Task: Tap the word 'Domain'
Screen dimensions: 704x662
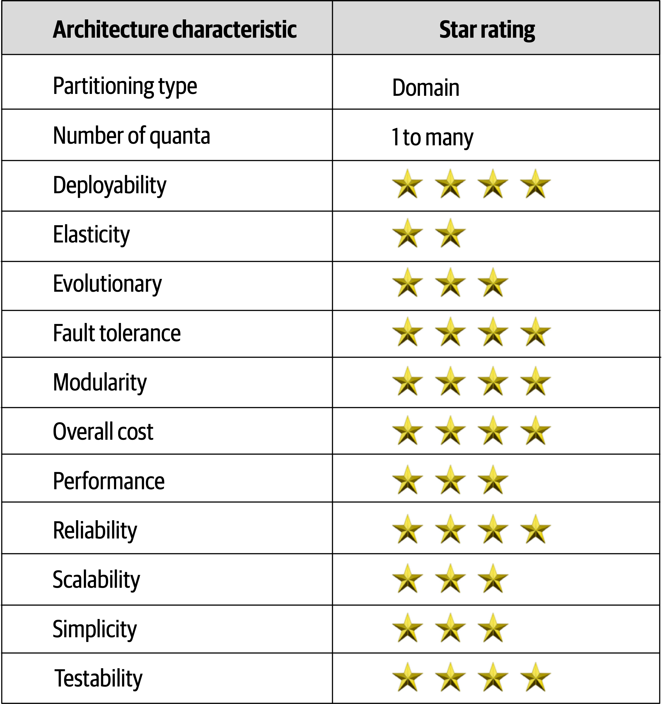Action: (426, 87)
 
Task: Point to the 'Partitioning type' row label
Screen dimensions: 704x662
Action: (125, 86)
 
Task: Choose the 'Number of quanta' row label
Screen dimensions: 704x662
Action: (131, 136)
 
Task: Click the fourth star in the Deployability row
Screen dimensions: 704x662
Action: (535, 184)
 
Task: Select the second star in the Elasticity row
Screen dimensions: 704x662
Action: (450, 233)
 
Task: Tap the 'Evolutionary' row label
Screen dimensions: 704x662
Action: (107, 284)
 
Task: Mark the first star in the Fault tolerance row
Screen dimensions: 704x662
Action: (408, 332)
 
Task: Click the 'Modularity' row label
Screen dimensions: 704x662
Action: (100, 382)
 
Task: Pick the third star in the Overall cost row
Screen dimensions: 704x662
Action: (493, 431)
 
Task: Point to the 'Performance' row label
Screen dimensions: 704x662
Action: (109, 481)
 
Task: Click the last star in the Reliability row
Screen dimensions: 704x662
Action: (535, 529)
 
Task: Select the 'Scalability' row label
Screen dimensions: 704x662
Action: (96, 580)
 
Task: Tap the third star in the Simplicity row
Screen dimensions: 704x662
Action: (493, 628)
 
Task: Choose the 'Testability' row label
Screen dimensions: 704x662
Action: (98, 678)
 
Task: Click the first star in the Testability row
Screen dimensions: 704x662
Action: (408, 677)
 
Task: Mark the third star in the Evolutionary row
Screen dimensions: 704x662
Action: (493, 283)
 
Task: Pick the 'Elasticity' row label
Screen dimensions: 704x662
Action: (91, 234)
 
